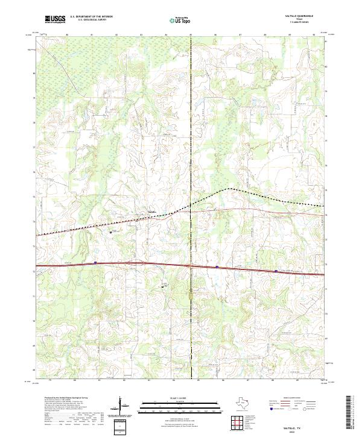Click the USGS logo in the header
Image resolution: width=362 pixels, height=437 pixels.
pos(55,20)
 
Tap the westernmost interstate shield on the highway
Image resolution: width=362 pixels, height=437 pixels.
pos(95,263)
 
